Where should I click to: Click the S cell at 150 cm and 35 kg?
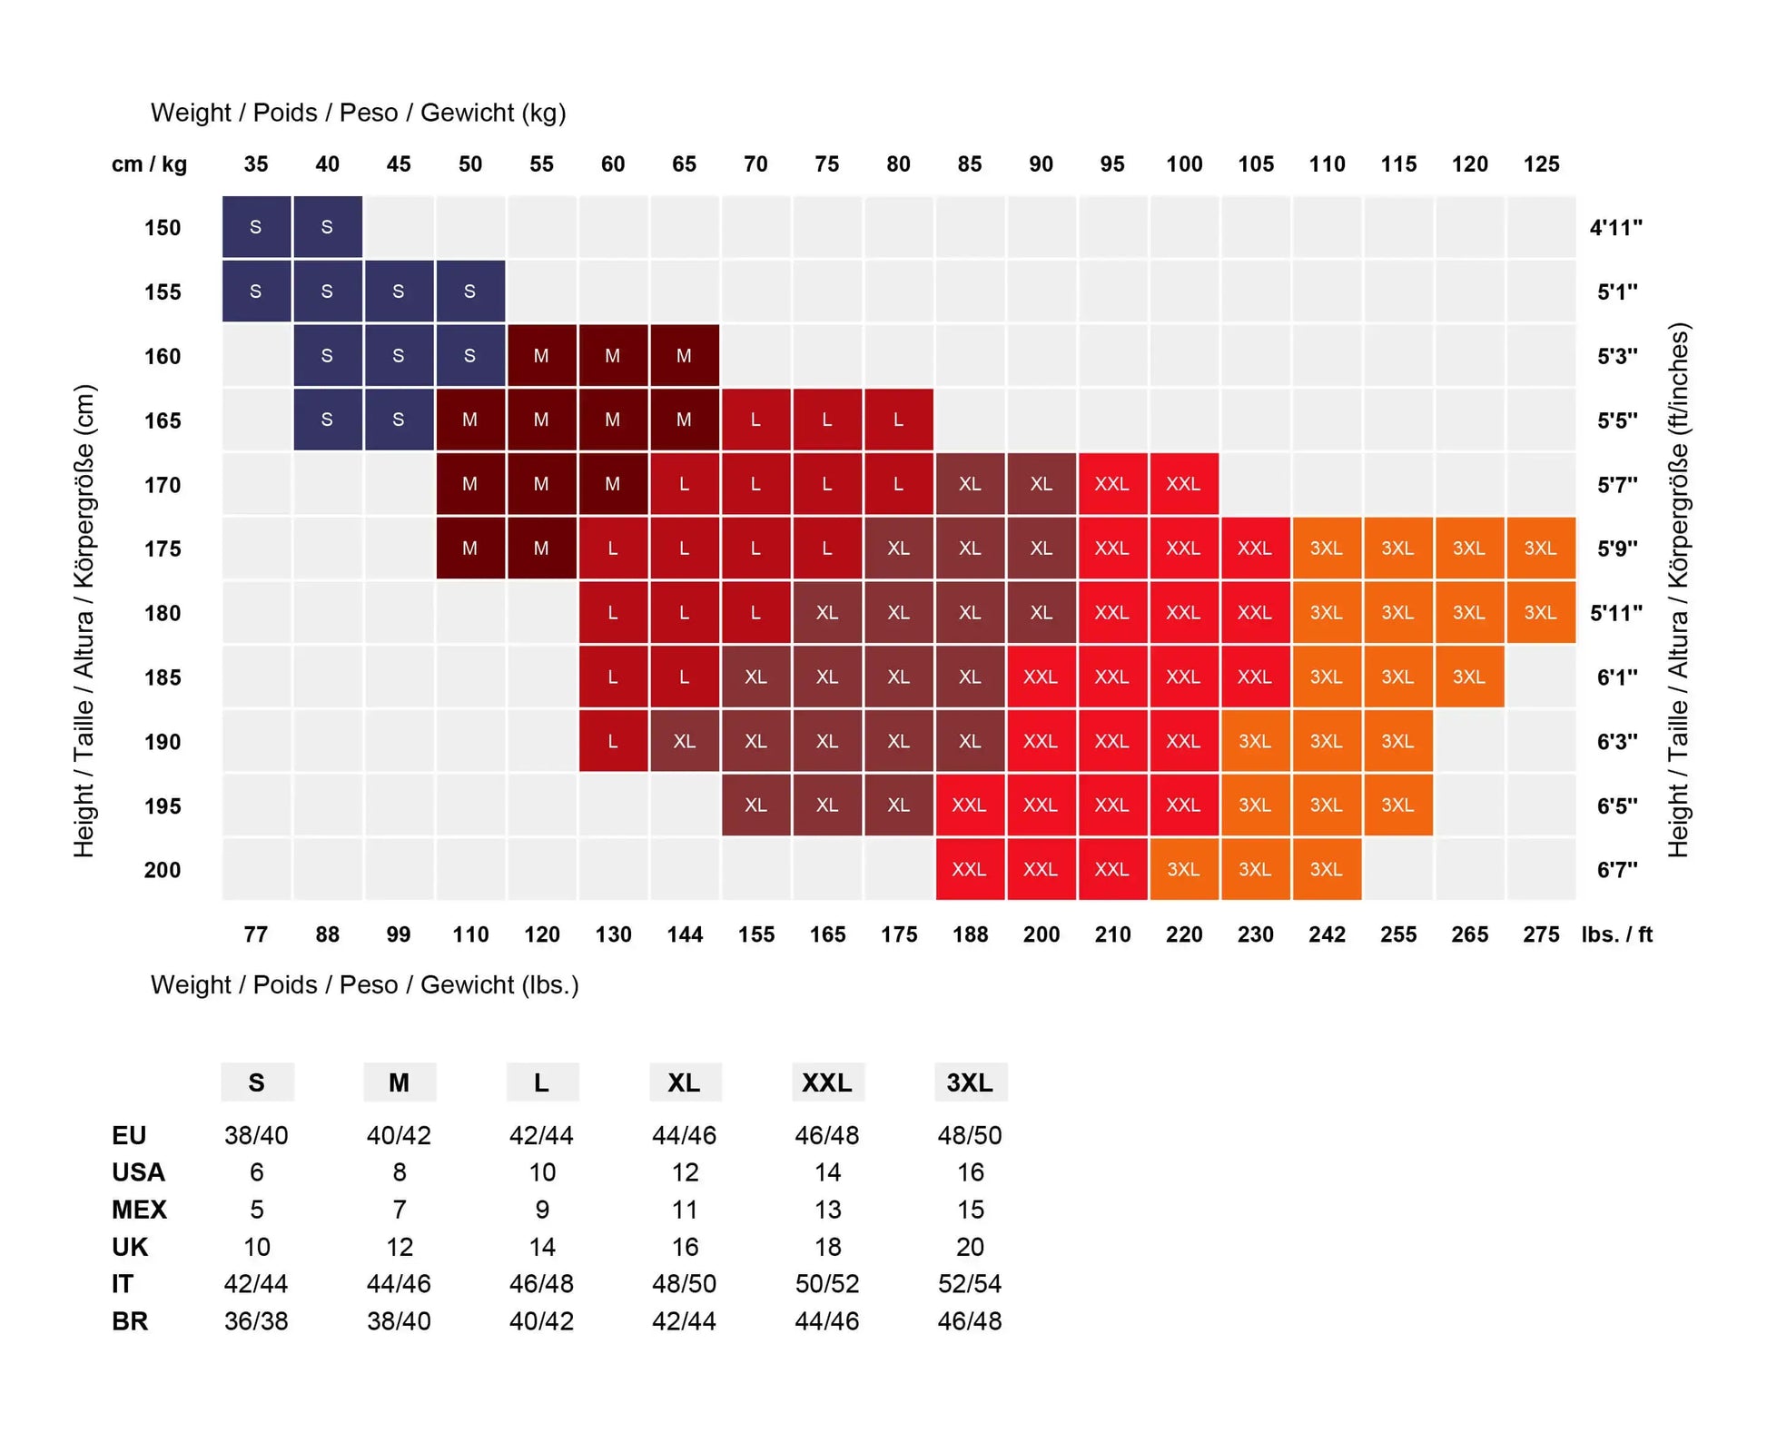(x=256, y=227)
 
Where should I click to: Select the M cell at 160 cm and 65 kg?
(x=685, y=356)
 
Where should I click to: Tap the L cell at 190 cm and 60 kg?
(x=613, y=741)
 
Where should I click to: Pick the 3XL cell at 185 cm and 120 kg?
(x=1469, y=677)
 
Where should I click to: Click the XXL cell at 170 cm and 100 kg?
(x=1184, y=484)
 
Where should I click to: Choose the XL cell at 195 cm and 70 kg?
(x=755, y=805)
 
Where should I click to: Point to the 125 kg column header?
(x=1541, y=164)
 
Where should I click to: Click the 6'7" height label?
(x=1617, y=870)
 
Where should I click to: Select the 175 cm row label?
(x=163, y=548)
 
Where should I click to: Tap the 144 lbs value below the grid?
(x=685, y=934)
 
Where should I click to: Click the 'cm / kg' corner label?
(x=149, y=164)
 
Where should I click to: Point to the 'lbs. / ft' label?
(x=1617, y=934)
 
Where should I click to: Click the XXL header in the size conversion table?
(x=827, y=1082)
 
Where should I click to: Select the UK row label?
(x=130, y=1247)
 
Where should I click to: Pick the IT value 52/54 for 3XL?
(x=970, y=1284)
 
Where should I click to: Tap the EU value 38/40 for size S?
(x=256, y=1135)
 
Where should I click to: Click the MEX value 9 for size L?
(x=542, y=1210)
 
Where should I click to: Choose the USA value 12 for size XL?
(x=685, y=1172)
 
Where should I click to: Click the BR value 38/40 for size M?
(x=399, y=1321)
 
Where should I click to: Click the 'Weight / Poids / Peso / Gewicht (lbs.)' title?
(x=365, y=985)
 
